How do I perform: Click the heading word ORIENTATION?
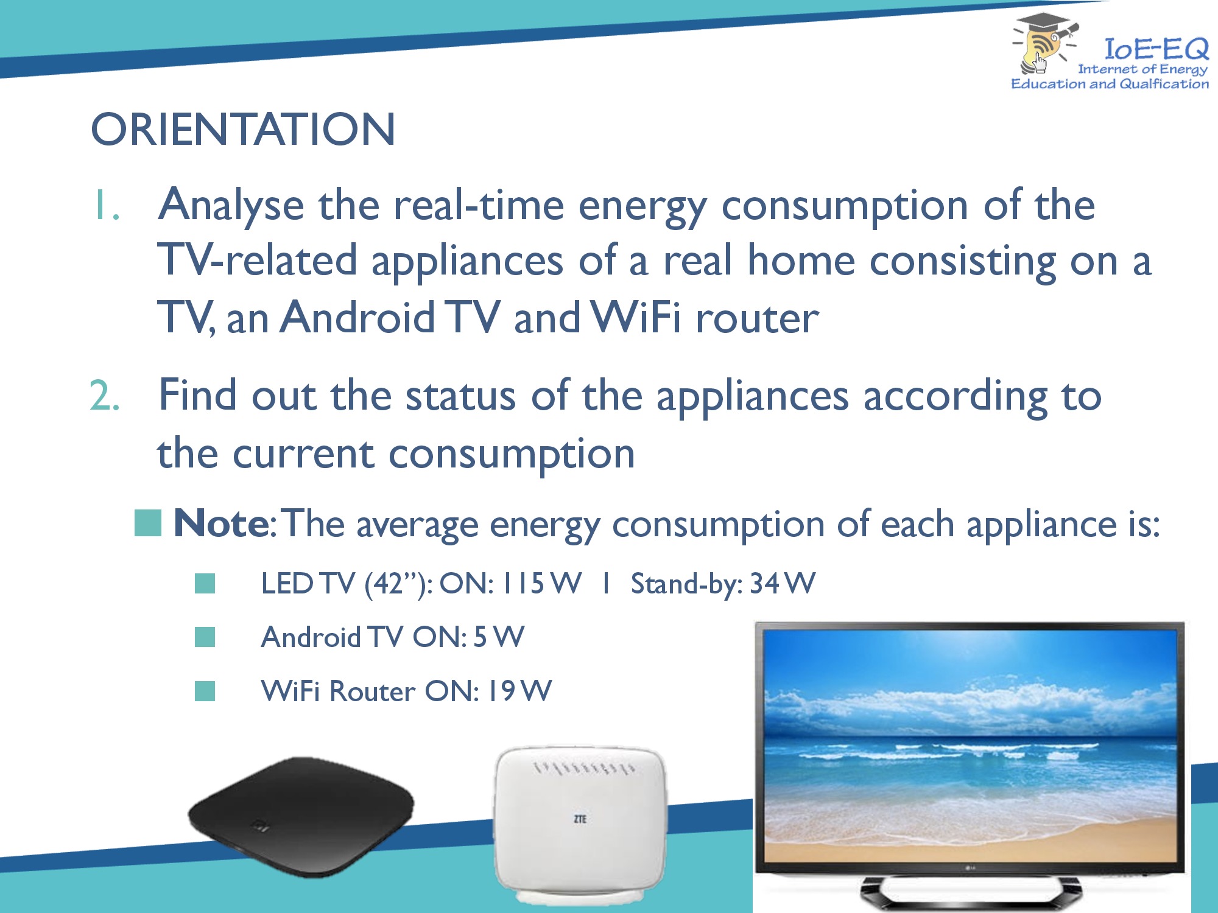243,129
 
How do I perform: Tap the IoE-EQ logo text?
1156,48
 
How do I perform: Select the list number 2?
105,396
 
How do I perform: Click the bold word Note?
220,523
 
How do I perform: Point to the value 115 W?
541,583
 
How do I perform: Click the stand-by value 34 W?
782,583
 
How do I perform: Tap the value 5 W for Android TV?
499,637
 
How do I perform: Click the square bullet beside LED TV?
205,584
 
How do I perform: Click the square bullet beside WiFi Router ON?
205,691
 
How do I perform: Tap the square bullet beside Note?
148,523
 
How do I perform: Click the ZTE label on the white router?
580,819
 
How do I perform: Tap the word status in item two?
461,396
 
